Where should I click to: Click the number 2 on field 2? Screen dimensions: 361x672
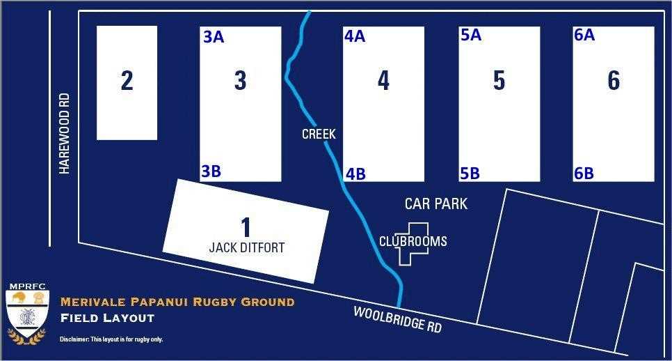tap(127, 81)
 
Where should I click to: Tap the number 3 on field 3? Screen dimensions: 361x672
tap(240, 81)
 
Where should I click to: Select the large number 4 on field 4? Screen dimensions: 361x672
tap(383, 81)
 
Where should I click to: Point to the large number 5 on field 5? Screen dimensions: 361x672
tap(499, 81)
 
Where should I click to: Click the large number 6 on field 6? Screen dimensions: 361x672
tap(614, 81)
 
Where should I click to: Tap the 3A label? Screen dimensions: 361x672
tap(214, 38)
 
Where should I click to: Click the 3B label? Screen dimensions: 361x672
tap(211, 171)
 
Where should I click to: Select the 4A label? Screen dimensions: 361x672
tap(355, 36)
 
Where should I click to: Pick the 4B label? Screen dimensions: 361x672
tap(355, 174)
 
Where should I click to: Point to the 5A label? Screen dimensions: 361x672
tap(471, 35)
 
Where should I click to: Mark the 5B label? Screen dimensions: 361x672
tap(470, 174)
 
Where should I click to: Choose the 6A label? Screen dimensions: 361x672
tap(584, 35)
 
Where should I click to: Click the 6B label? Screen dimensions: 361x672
tap(584, 174)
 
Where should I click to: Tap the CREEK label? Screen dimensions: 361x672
tap(319, 134)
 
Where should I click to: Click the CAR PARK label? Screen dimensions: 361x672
tap(436, 204)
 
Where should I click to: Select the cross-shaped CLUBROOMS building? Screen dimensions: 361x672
tap(413, 243)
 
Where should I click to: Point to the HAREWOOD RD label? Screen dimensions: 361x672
tap(65, 139)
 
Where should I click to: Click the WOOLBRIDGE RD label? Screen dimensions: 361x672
tap(397, 320)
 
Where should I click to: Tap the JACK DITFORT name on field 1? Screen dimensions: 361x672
tap(247, 247)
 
